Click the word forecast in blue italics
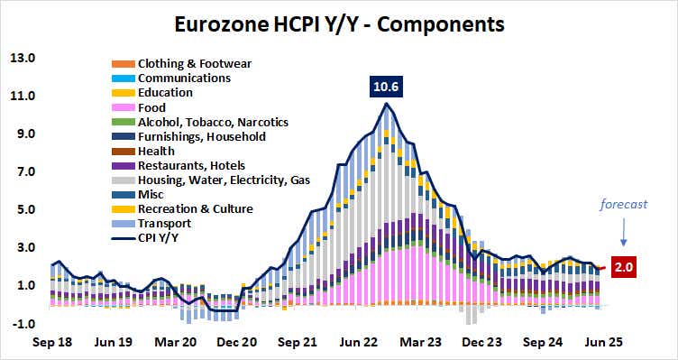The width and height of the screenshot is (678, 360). click(625, 204)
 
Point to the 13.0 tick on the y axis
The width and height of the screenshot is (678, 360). click(22, 59)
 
